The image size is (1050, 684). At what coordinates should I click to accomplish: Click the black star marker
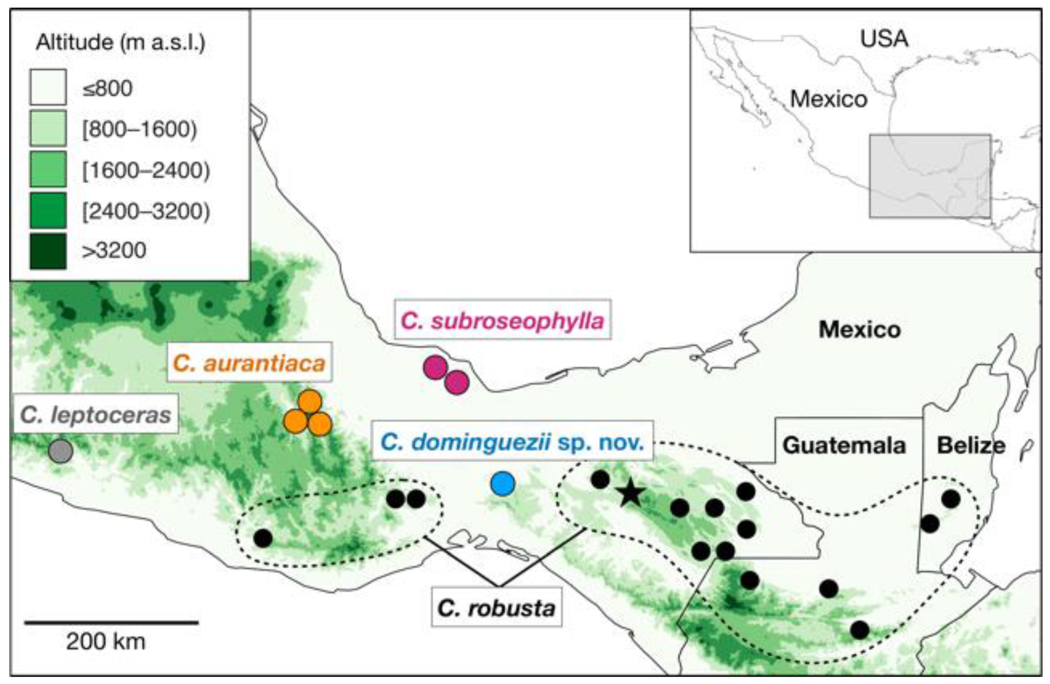tap(630, 494)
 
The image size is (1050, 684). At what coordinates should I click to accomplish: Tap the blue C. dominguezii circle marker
tap(503, 484)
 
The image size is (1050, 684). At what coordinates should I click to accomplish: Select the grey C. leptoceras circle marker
tap(61, 451)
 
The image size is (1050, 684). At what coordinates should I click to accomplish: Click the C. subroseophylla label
tap(503, 321)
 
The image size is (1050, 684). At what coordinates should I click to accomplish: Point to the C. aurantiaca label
tap(249, 363)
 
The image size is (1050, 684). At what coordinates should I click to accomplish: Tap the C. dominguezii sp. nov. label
tap(512, 441)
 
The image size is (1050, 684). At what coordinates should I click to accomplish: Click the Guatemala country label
tap(844, 445)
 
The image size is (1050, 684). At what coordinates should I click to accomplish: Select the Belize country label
tap(971, 445)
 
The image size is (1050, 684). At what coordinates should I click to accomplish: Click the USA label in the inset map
tap(884, 39)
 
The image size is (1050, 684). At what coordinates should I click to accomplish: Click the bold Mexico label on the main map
tap(859, 329)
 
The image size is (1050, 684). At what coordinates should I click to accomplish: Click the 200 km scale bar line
tap(111, 622)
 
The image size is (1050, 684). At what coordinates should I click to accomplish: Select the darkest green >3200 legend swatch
tap(48, 251)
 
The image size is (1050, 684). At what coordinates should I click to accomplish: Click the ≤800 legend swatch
tap(48, 87)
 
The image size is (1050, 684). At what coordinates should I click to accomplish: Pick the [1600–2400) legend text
tap(146, 170)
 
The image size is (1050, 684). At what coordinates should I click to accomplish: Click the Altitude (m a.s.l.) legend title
tap(121, 42)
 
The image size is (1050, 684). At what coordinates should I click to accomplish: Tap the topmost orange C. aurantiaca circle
tap(310, 401)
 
